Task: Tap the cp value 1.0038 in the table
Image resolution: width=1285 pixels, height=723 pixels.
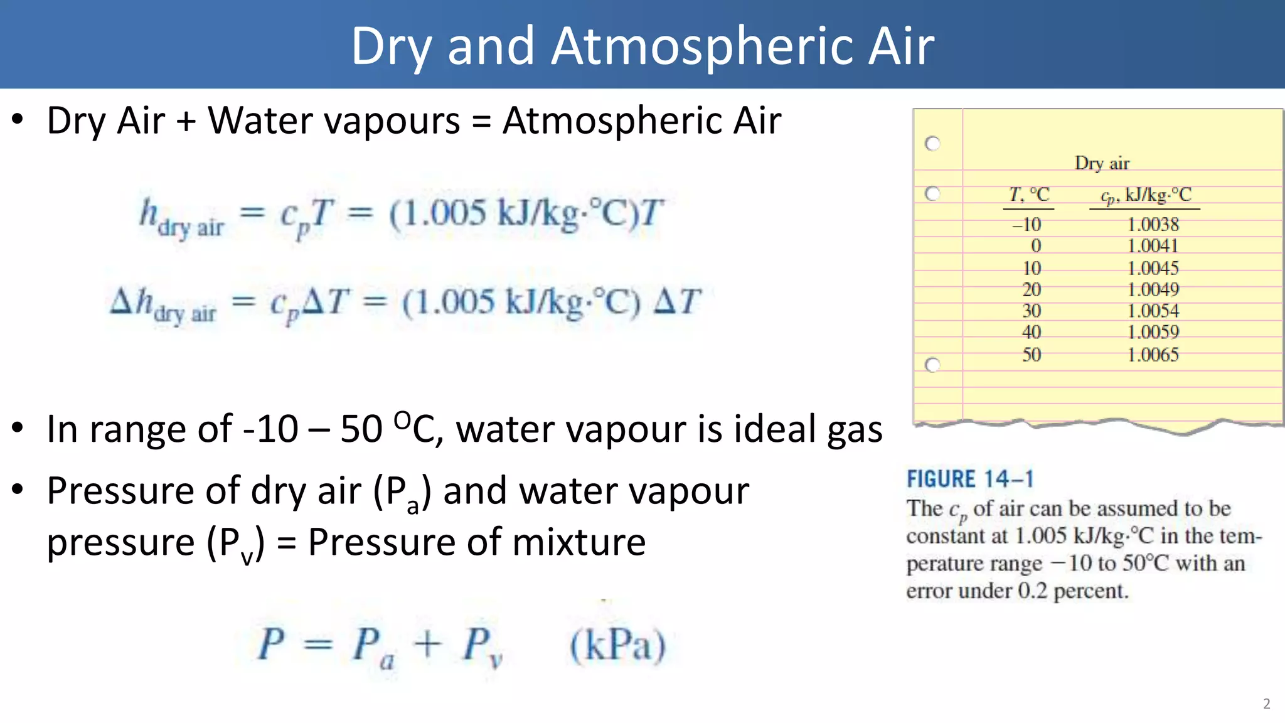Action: point(1153,224)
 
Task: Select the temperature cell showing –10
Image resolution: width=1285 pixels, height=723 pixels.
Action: point(1026,224)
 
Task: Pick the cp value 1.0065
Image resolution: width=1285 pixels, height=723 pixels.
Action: point(1153,355)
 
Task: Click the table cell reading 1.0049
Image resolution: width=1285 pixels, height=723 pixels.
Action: point(1153,289)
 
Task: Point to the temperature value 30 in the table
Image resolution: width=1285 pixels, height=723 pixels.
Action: point(1032,311)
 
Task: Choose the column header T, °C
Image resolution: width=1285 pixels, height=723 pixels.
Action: point(1029,195)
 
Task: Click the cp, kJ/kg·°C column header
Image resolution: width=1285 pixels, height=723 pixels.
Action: point(1145,195)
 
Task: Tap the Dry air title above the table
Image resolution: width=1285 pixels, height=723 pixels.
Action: point(1102,163)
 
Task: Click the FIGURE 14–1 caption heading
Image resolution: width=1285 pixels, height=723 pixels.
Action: point(969,479)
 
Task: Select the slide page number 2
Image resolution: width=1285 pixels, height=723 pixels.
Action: point(1266,704)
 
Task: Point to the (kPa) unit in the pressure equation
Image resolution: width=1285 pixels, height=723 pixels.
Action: point(617,645)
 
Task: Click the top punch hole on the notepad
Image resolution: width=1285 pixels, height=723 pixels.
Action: point(933,144)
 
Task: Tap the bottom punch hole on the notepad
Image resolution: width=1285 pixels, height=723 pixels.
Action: point(933,365)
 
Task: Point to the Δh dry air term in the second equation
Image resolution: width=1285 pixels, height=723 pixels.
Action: point(163,305)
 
